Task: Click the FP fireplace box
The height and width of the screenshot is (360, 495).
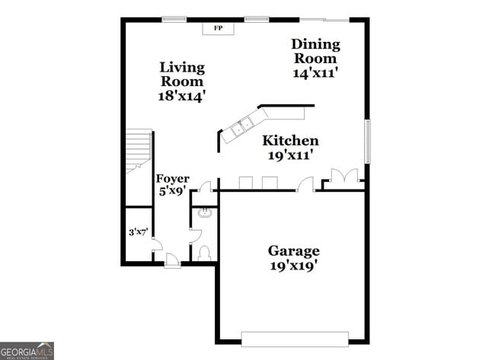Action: (218, 28)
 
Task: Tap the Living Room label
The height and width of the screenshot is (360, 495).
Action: (181, 74)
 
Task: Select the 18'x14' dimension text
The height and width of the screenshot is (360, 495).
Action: (182, 96)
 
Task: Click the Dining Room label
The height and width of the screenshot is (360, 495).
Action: (315, 51)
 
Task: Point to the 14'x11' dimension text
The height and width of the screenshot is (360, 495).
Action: (315, 73)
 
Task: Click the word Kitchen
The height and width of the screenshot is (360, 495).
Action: (290, 141)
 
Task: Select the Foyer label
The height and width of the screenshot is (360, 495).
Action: (173, 179)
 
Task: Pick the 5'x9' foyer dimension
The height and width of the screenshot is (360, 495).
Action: (173, 192)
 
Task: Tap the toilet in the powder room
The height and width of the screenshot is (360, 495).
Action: (203, 253)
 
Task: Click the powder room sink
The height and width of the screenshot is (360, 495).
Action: (203, 214)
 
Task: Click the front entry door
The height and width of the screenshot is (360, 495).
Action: (173, 260)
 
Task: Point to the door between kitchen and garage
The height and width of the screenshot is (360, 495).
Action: (305, 184)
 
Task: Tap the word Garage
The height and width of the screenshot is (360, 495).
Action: (293, 250)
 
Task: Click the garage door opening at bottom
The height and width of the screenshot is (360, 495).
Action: (294, 339)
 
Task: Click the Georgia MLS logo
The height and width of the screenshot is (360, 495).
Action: (27, 350)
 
